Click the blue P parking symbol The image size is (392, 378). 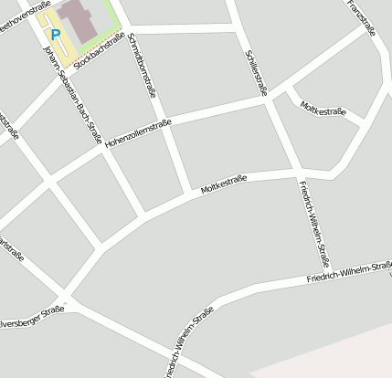point(55,35)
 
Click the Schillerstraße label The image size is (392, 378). point(256,72)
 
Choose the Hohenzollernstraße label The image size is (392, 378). point(137,135)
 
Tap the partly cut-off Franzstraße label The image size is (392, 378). point(360,16)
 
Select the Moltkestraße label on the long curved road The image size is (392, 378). point(223,186)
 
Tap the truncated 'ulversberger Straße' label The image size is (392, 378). point(32,315)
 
